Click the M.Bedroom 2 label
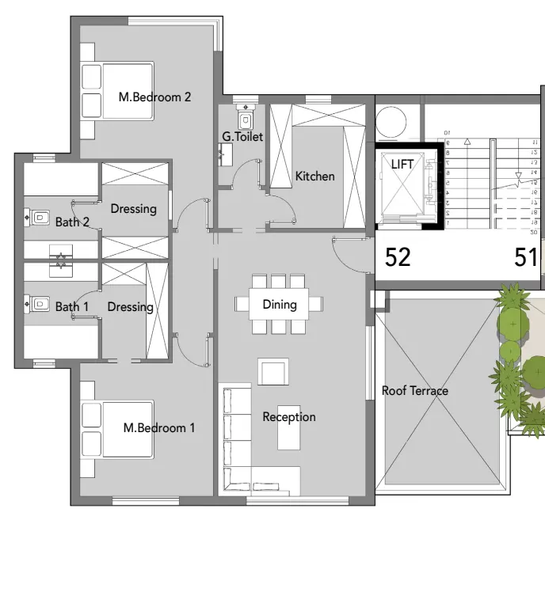coord(154,97)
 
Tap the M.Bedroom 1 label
coord(158,428)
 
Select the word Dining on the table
coord(279,304)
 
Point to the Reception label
coord(289,417)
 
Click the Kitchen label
coord(315,176)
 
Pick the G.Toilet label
coord(242,138)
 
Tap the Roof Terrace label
coord(414,391)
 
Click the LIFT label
coord(402,164)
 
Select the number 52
coord(398,257)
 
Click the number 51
coord(526,257)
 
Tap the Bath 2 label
coord(72,222)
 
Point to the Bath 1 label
coord(72,307)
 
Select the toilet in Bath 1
coord(39,303)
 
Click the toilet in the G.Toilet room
coord(246,119)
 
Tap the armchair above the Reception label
coord(273,371)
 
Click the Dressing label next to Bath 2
coord(133,209)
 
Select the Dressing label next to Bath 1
coord(130,307)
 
